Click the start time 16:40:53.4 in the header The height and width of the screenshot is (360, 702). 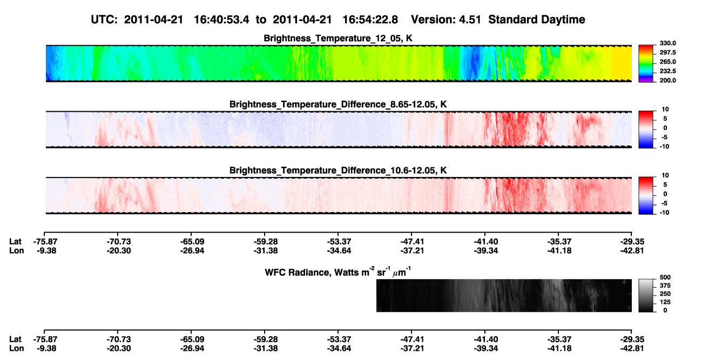coord(221,20)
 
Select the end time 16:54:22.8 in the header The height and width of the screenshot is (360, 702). coord(370,20)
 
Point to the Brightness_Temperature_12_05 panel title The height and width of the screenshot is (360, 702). coord(338,38)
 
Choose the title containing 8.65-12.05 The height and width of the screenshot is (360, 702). coord(338,104)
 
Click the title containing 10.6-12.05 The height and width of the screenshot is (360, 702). coord(338,171)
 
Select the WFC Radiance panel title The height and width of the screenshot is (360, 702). coord(338,272)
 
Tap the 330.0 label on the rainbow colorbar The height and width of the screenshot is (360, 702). coord(667,43)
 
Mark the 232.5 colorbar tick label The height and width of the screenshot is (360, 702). coord(667,71)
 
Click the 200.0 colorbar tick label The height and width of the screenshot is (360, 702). coord(667,80)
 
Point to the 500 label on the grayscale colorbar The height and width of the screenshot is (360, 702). coord(665,277)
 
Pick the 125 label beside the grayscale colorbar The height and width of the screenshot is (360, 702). coord(665,302)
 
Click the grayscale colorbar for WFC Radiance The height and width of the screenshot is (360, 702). coord(646,295)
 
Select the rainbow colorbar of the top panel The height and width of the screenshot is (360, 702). coord(646,64)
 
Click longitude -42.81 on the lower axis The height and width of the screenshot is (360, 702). coord(632,349)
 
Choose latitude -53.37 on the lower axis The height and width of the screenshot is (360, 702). coord(339,339)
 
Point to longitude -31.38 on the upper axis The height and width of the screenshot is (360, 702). coord(266,250)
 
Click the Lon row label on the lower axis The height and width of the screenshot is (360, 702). coord(16,349)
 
